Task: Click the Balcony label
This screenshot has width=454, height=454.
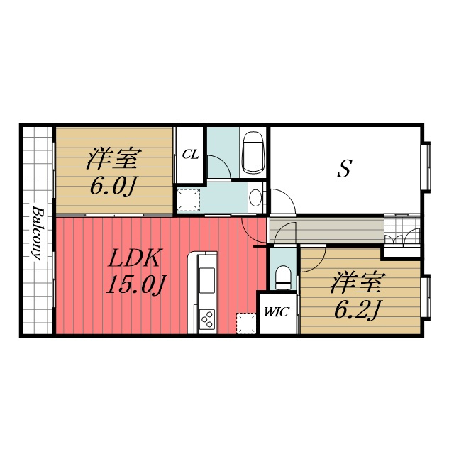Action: coord(37,233)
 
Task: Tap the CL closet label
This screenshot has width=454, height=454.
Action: coord(191,155)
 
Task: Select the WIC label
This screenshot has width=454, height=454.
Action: coord(277,312)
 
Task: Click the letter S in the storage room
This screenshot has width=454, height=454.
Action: coord(345,168)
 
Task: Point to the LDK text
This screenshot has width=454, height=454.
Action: coord(133,258)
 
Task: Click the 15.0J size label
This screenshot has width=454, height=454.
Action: coord(135,284)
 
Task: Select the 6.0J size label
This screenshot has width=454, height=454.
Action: coord(113,186)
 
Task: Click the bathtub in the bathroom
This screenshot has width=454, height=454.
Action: coord(253,153)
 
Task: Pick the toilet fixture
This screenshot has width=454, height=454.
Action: coord(282,277)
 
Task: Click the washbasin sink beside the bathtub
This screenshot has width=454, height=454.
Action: coord(255,198)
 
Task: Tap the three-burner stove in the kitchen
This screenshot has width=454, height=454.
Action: coord(207,319)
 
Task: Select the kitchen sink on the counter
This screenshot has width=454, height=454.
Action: coord(207,280)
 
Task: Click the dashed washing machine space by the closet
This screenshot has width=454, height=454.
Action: coord(189,199)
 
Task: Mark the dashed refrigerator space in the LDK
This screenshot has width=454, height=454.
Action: coord(246,323)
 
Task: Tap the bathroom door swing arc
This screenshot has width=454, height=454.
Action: coord(223,163)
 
